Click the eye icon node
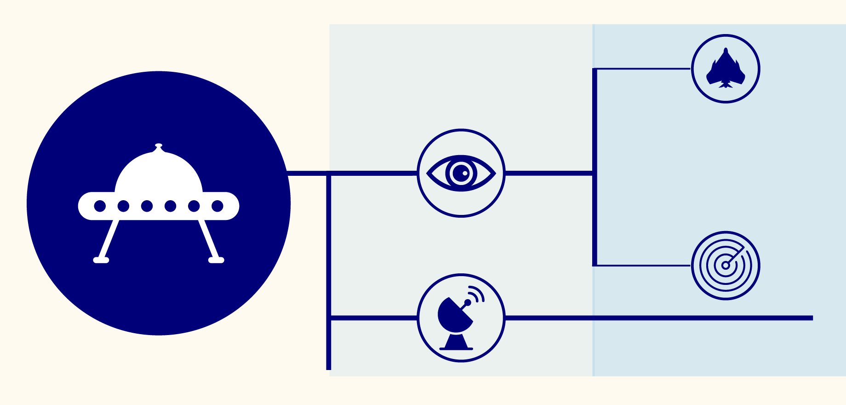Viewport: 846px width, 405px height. (461, 173)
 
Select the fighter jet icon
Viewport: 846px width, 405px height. (726, 69)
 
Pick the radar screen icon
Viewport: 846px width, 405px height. (726, 266)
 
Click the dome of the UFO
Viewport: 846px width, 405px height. (159, 173)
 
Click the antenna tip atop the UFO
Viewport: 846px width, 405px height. (159, 145)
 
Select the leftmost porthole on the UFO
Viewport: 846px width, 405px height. (100, 206)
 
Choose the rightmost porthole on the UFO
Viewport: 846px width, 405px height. (217, 206)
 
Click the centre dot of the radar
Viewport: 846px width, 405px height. (725, 266)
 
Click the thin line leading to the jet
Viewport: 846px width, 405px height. (644, 69)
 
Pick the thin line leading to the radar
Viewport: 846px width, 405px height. (644, 266)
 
